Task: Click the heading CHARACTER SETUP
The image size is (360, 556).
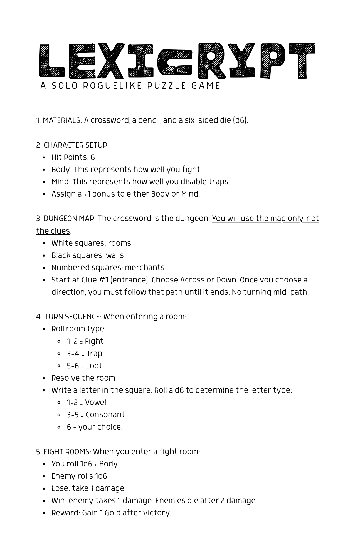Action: coord(75,145)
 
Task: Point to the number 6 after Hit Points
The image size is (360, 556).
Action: coord(93,158)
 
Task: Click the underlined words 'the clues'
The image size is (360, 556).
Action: coord(53,231)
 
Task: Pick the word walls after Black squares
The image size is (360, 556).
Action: coord(115,255)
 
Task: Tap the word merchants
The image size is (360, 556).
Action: coord(144,268)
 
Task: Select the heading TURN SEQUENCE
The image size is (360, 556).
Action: coord(73,317)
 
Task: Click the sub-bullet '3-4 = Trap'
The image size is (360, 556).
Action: coord(84,354)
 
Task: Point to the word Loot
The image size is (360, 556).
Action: coord(94,366)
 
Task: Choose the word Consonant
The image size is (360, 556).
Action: coord(105,415)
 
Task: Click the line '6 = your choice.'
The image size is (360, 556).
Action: coord(95,427)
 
